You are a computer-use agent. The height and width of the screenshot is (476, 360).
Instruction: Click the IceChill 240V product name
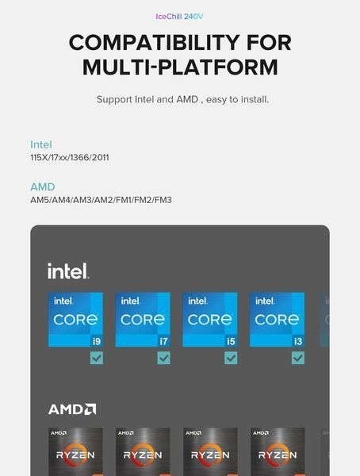click(179, 17)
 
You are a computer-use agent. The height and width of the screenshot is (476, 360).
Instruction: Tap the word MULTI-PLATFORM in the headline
click(180, 67)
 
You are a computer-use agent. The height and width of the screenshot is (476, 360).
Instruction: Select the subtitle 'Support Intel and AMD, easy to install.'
click(182, 100)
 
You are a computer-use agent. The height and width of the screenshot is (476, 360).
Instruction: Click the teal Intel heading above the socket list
click(41, 144)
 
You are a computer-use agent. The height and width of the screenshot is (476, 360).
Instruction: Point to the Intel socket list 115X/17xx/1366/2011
click(70, 158)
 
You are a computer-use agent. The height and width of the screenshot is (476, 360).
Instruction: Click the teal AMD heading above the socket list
click(43, 186)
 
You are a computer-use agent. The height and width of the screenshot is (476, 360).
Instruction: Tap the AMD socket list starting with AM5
click(101, 200)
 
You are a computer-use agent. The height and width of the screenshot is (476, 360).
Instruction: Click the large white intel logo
click(68, 271)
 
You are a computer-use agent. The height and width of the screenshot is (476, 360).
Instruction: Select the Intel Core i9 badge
click(75, 320)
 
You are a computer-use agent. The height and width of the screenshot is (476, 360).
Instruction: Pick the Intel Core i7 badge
click(143, 320)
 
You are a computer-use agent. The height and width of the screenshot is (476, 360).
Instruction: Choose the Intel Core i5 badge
click(210, 320)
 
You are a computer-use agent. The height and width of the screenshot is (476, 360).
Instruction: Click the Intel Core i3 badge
click(277, 320)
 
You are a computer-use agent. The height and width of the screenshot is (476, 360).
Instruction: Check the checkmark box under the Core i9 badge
click(97, 358)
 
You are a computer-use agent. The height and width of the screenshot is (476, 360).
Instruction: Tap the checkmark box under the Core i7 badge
click(164, 358)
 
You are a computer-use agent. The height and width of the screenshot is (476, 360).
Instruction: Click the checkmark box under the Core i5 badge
click(231, 358)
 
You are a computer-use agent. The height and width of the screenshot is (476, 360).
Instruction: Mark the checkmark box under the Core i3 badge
click(298, 358)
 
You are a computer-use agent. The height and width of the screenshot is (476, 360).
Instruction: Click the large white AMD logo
click(72, 409)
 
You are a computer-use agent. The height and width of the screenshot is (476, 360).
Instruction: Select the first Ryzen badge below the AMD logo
click(75, 451)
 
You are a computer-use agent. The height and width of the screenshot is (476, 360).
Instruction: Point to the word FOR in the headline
click(269, 43)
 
